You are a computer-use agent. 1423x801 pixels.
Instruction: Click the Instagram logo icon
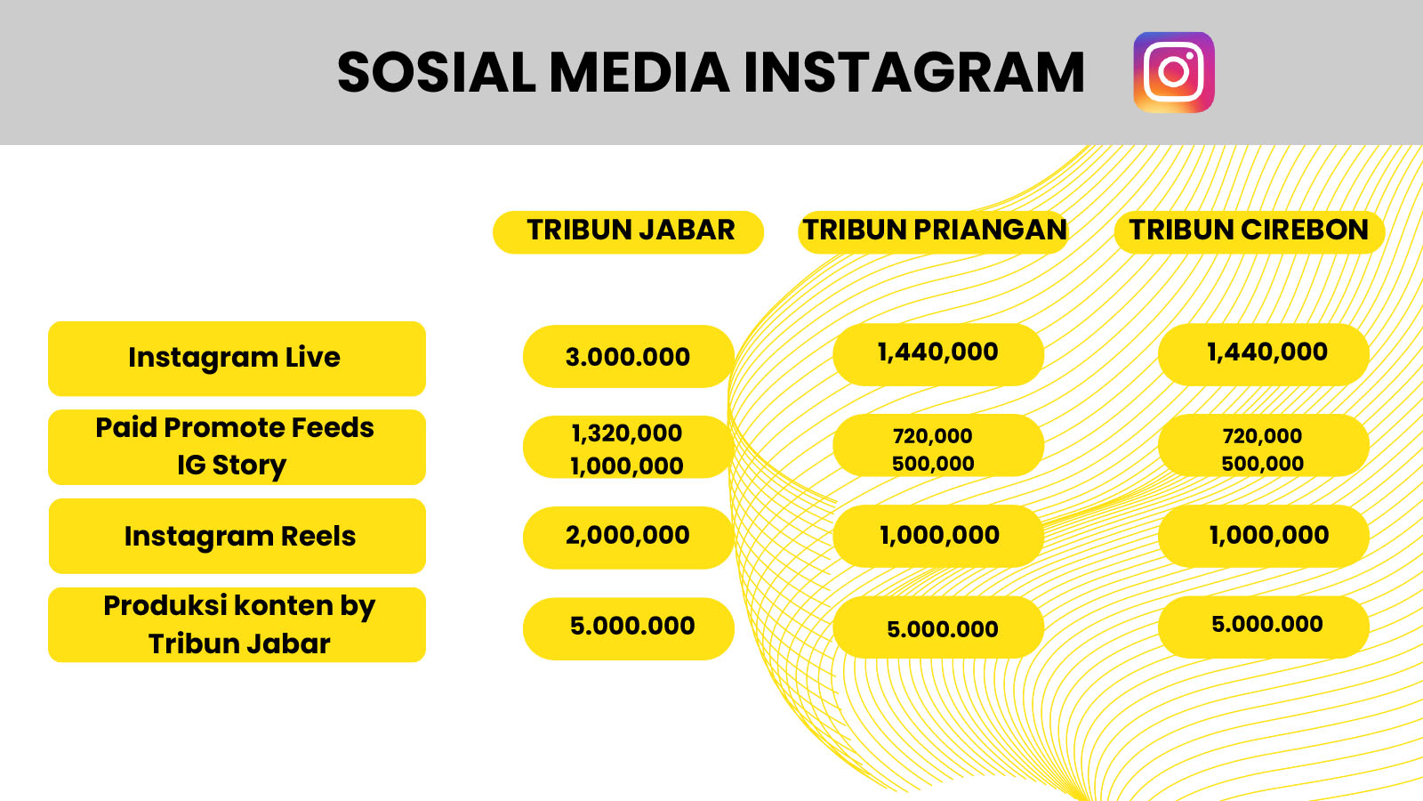(1174, 72)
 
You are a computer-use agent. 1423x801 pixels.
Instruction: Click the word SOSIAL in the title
(437, 72)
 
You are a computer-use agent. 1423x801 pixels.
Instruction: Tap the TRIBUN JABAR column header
(628, 232)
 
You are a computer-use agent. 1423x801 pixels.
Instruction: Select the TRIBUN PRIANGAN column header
(933, 232)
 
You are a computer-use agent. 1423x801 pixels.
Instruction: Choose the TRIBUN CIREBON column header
(1249, 232)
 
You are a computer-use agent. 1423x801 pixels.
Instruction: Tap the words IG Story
(232, 465)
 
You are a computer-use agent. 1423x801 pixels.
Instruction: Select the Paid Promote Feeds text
(235, 427)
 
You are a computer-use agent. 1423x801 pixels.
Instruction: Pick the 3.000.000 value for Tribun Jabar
(628, 357)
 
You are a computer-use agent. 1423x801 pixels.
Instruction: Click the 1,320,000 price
(626, 433)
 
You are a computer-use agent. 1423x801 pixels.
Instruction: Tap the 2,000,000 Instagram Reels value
(628, 535)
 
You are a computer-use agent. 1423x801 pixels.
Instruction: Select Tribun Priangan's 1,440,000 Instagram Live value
(937, 352)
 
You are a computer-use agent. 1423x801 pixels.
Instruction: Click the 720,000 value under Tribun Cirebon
(1262, 436)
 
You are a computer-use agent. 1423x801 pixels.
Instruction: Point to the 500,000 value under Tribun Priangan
(933, 464)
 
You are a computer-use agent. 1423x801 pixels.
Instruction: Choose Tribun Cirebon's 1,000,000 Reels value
(1268, 535)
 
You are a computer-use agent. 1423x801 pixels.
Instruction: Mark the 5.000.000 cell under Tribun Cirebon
(1267, 624)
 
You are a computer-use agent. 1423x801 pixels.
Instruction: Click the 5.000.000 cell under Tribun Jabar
(632, 627)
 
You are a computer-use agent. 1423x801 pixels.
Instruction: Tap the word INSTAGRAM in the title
(914, 72)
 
